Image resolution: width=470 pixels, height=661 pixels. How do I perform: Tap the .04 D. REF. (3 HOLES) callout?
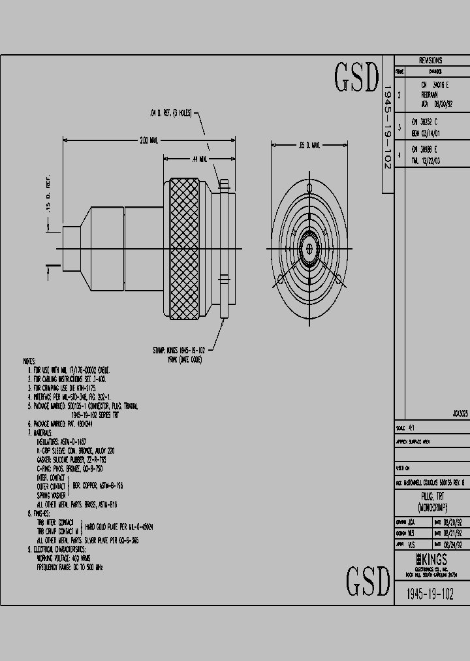click(x=171, y=113)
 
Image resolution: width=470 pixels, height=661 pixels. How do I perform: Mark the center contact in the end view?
click(x=307, y=249)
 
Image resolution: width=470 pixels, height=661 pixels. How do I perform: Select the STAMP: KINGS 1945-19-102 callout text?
click(x=180, y=350)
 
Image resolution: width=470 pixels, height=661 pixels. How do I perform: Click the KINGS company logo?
click(x=430, y=559)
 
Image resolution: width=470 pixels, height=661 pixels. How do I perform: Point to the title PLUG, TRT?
click(x=431, y=496)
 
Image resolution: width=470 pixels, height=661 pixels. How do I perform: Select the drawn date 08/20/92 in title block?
click(x=453, y=523)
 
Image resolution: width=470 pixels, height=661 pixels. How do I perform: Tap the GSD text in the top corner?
click(x=356, y=77)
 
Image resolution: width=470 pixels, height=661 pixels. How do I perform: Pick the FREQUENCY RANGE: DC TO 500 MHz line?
click(x=70, y=568)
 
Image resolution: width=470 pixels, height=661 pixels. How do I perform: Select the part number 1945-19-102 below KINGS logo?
click(x=430, y=593)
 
